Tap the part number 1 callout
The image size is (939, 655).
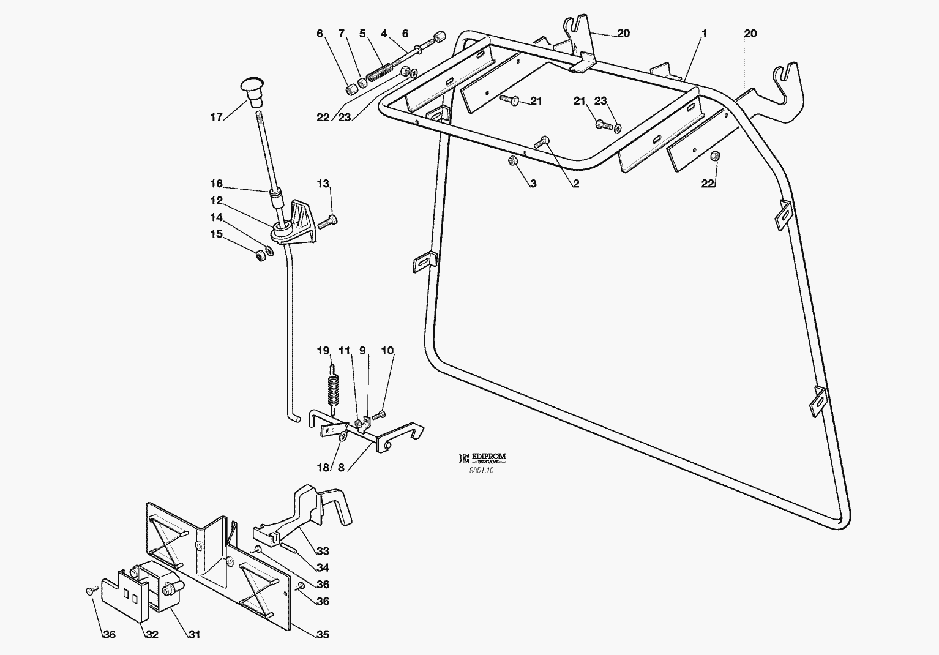click(704, 34)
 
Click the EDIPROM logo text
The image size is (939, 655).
click(488, 457)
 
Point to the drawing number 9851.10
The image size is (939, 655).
click(481, 470)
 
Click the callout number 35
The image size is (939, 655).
click(323, 634)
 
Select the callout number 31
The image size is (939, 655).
click(193, 635)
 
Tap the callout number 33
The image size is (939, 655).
click(323, 551)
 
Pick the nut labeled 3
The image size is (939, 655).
click(514, 161)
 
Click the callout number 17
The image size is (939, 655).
click(217, 116)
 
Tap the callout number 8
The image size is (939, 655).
click(341, 468)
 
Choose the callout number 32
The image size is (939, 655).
click(152, 635)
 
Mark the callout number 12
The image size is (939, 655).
click(217, 201)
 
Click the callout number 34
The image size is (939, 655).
click(323, 567)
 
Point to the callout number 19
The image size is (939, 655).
click(323, 351)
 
